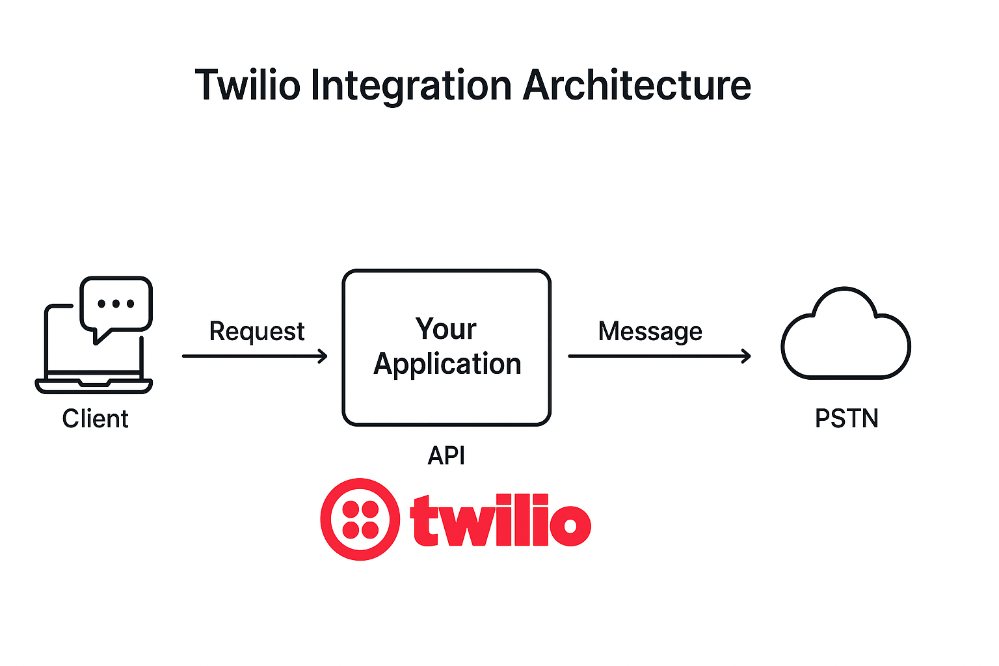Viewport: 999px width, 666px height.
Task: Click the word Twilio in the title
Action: (x=248, y=85)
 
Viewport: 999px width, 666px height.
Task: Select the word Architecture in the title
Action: (x=637, y=85)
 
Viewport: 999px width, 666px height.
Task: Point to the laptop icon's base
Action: (x=94, y=386)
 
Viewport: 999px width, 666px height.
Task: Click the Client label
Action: (x=95, y=418)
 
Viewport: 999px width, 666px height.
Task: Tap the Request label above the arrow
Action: (x=256, y=332)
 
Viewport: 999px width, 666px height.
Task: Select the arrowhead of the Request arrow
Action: (x=323, y=356)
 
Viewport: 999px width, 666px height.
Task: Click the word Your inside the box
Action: (x=446, y=328)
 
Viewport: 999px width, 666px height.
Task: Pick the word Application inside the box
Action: (x=447, y=364)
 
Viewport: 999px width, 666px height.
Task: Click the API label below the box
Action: (x=446, y=455)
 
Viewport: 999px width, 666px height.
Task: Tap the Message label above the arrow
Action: (x=650, y=332)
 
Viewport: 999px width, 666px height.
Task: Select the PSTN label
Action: (x=846, y=418)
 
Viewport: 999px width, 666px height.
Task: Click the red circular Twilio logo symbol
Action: (x=360, y=519)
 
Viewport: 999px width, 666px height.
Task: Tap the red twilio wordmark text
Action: (x=500, y=520)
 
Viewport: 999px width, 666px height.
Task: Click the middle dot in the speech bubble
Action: (x=116, y=304)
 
